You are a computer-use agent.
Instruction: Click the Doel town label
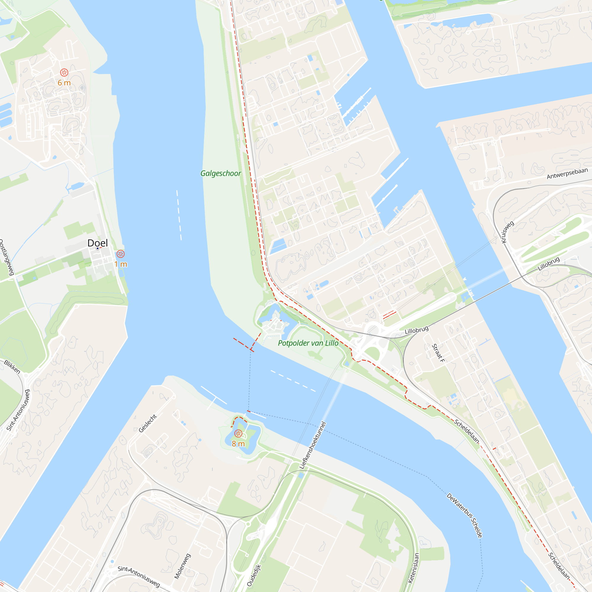coord(97,243)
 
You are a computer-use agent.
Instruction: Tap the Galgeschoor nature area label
coord(221,173)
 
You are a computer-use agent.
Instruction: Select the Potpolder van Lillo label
coord(308,343)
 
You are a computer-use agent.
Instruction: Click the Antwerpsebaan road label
coord(567,173)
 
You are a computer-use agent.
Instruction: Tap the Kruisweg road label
coord(507,232)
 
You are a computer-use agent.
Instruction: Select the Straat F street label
coord(438,353)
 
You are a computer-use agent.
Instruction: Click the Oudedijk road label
coord(254,575)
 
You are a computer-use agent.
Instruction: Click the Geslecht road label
coord(148,424)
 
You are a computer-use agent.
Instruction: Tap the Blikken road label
coord(12,367)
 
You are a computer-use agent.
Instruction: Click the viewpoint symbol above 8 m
coord(238,434)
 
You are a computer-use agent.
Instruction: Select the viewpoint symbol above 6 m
coord(64,73)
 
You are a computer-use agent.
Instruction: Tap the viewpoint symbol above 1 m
coord(121,254)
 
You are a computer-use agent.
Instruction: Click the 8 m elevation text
coord(238,444)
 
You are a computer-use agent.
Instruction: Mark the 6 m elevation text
coord(64,83)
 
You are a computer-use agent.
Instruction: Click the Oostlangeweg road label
coord(6,258)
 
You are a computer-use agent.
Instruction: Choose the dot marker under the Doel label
coord(97,249)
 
